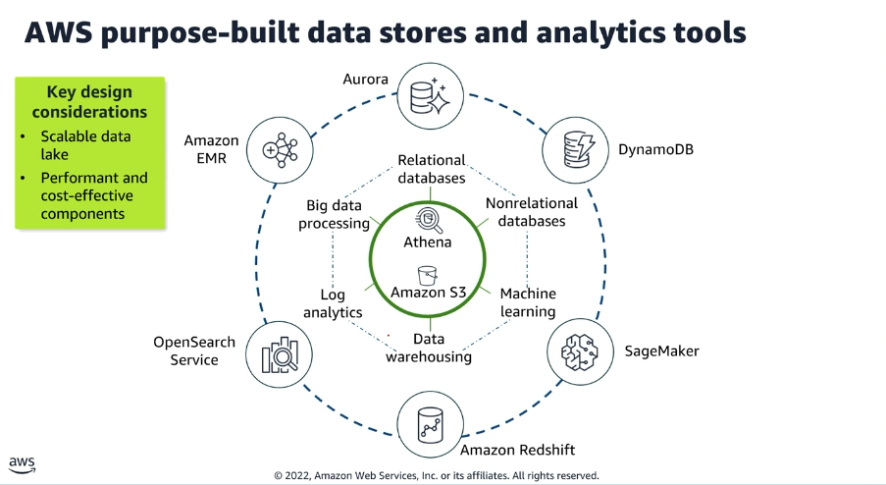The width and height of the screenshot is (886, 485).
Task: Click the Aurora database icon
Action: coord(432,96)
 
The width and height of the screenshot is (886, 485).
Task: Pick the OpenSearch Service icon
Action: coord(280,352)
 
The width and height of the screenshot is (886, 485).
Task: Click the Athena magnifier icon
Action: coord(429,218)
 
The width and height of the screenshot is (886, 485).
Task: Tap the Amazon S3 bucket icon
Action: coord(428,273)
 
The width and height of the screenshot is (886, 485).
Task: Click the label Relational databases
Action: coord(432,169)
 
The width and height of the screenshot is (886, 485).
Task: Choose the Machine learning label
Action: coord(528,302)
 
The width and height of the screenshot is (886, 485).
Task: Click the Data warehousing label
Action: coord(429,349)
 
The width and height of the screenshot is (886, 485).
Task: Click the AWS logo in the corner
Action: coord(23,463)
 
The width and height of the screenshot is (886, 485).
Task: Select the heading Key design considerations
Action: coord(89,100)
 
